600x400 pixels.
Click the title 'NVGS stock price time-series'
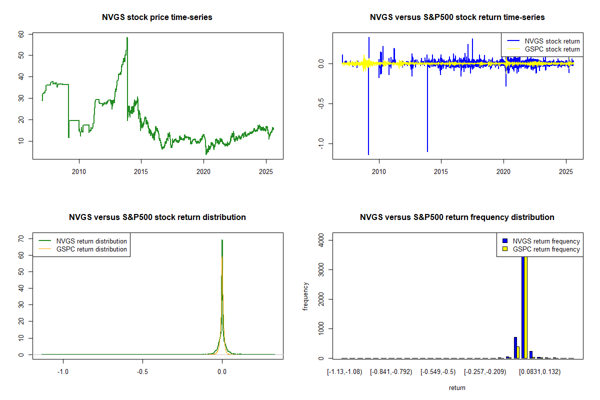tap(157, 17)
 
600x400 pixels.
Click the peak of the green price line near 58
tap(127, 38)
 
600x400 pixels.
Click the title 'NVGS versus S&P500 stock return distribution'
tap(157, 217)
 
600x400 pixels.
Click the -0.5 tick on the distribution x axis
tap(142, 372)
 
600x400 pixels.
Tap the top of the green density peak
tap(222, 240)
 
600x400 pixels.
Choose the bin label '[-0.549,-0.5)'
tap(438, 372)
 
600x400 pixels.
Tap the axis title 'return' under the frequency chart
tap(457, 387)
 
